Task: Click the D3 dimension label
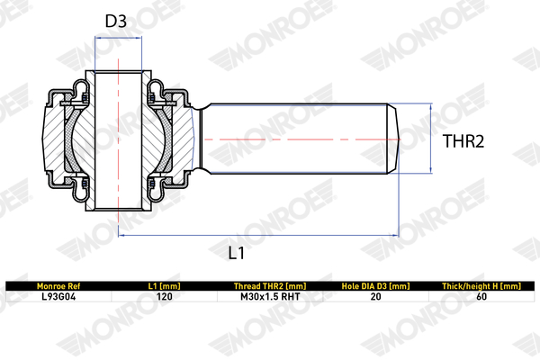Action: tap(116, 21)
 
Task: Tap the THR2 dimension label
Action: tap(463, 141)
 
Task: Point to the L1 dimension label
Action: tap(237, 253)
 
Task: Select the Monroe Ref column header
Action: tap(58, 286)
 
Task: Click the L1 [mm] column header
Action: tap(165, 286)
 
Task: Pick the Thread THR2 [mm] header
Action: tap(270, 286)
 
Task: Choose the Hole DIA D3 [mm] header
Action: tap(375, 286)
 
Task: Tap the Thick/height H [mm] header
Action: tap(481, 286)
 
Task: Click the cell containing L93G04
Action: tap(58, 297)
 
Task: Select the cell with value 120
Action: tap(165, 297)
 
